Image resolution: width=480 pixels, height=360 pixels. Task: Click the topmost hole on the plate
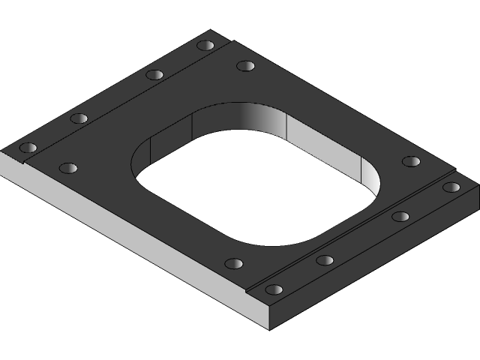[x=205, y=45]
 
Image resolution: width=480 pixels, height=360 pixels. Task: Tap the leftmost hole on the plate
[x=28, y=147]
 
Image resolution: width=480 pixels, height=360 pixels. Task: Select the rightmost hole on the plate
[x=451, y=187]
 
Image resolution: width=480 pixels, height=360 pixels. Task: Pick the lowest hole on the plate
[x=274, y=289]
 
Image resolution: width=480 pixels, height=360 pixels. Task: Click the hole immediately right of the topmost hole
[x=245, y=66]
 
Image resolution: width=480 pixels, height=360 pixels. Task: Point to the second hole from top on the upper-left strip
[x=154, y=74]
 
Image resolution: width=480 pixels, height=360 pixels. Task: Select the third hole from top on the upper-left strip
[x=79, y=118]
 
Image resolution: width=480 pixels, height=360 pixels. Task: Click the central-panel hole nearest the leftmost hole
[x=68, y=168]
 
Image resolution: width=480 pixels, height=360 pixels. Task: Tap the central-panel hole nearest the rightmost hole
[x=410, y=161]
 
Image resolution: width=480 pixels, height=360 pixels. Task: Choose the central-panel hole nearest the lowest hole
[x=234, y=264]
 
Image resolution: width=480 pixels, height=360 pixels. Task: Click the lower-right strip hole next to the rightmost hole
[x=400, y=217]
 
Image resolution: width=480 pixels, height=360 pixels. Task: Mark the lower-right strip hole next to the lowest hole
[x=325, y=260]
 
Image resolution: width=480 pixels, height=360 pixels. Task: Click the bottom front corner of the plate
[x=268, y=328]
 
